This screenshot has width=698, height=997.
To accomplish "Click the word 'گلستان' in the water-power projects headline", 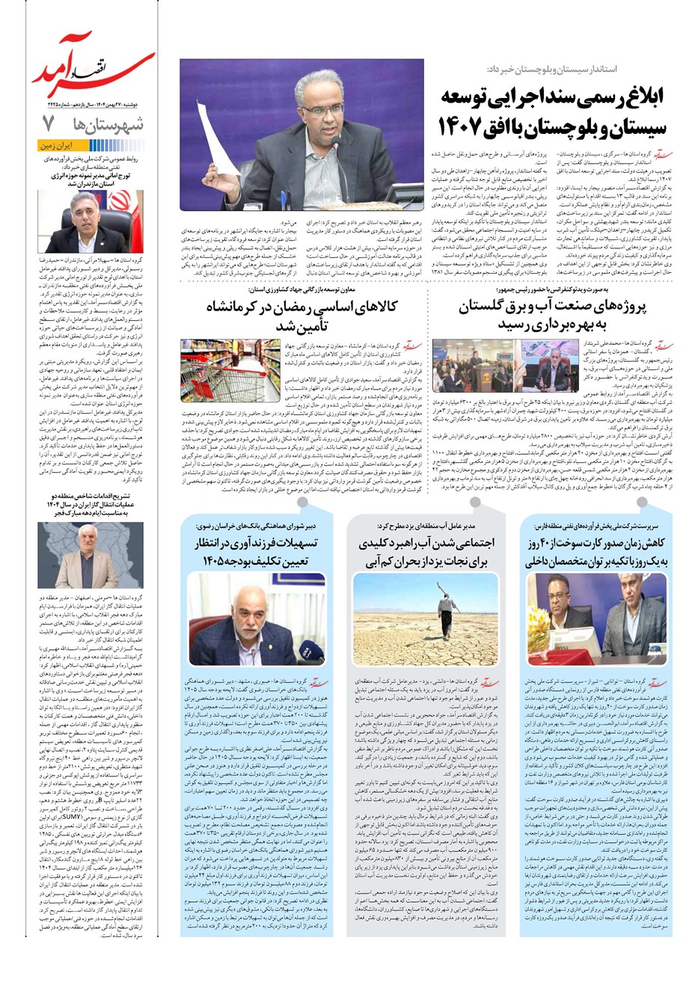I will click(x=492, y=307).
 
